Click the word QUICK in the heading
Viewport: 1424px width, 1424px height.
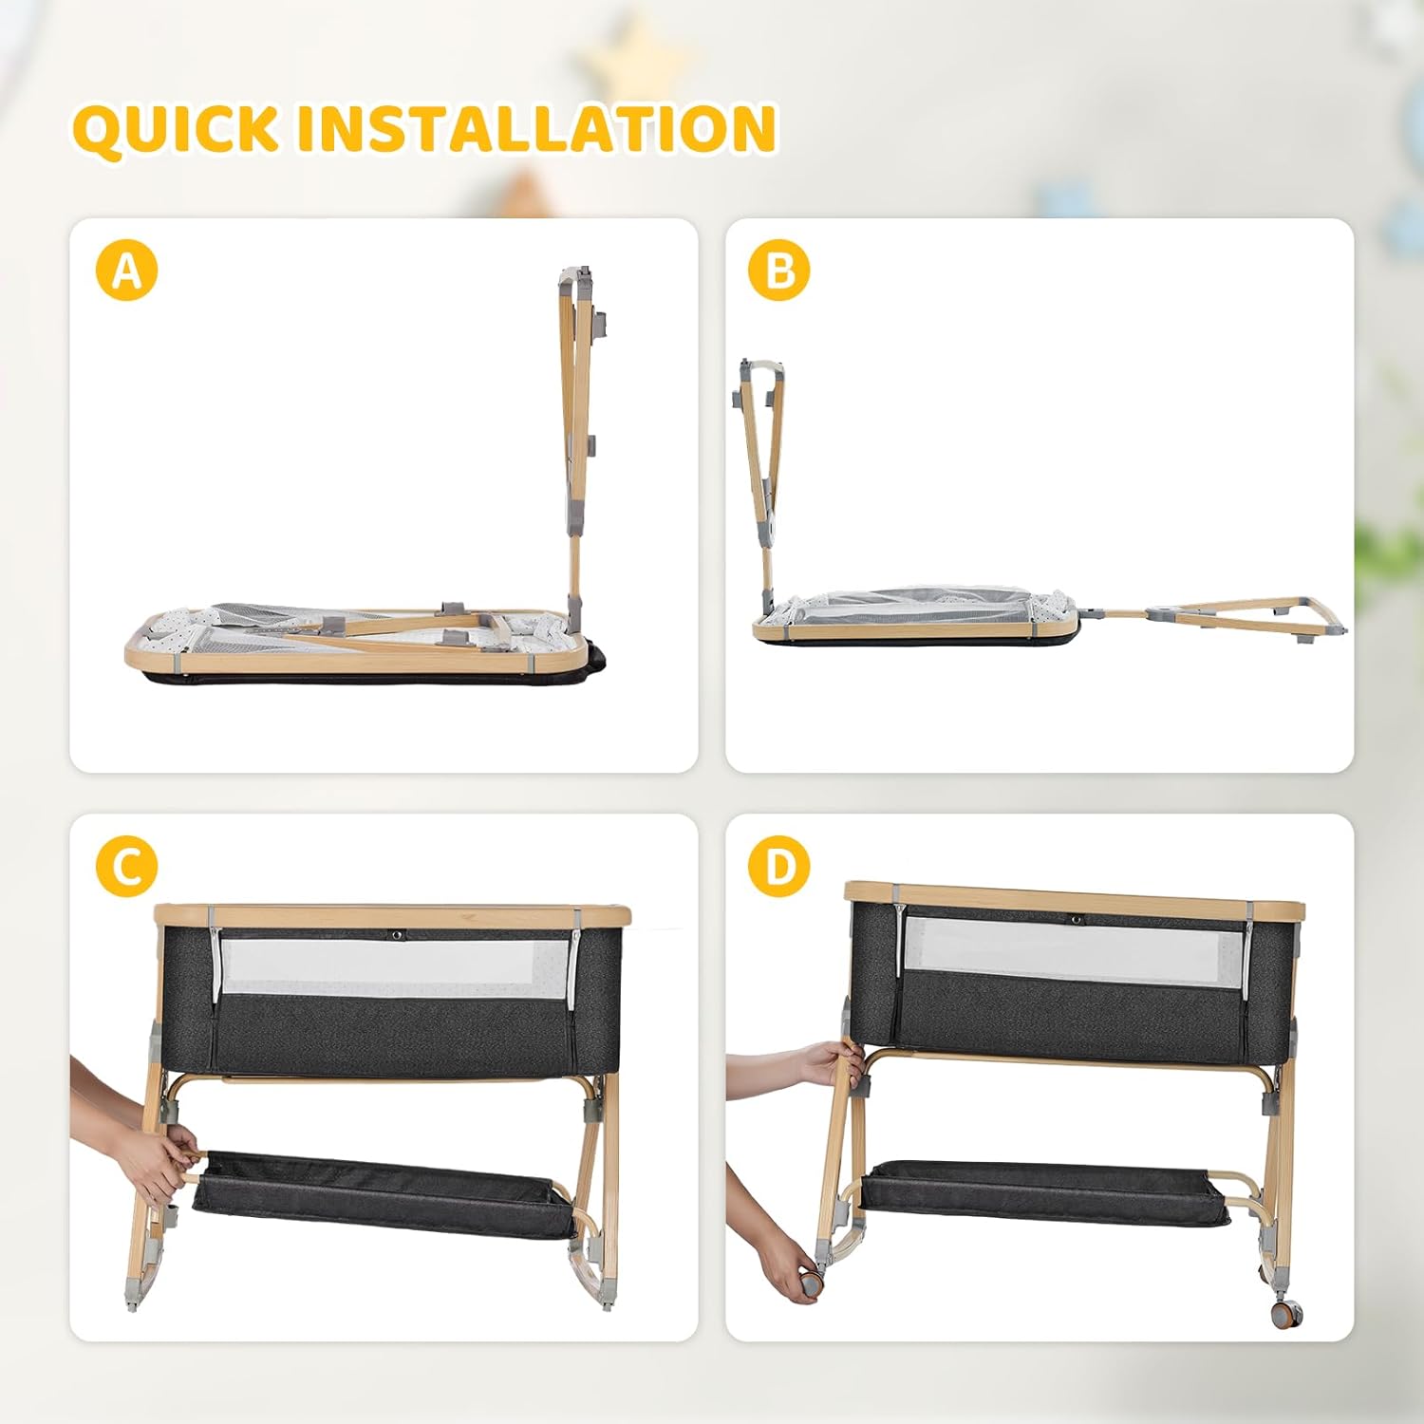pyautogui.click(x=176, y=128)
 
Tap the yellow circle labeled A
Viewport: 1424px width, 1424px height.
pyautogui.click(x=126, y=271)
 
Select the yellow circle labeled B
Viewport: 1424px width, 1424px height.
pyautogui.click(x=778, y=271)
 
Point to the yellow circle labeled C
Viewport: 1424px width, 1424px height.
pyautogui.click(x=126, y=866)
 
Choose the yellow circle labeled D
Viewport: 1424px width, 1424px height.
pyautogui.click(x=778, y=866)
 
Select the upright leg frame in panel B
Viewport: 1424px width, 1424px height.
pyautogui.click(x=762, y=484)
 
